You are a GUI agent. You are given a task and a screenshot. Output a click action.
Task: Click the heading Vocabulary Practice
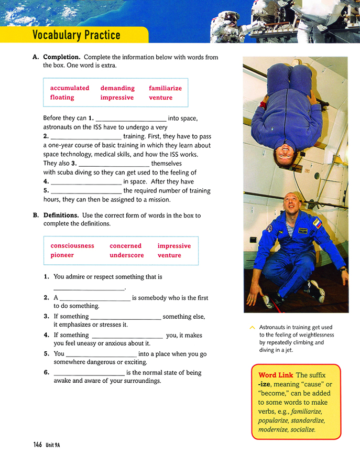76,35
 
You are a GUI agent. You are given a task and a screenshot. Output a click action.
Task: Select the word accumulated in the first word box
70,88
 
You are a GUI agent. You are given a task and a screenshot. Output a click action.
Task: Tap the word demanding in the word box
117,88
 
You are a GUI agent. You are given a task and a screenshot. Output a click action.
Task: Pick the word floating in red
62,98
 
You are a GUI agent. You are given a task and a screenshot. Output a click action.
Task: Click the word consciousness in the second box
72,245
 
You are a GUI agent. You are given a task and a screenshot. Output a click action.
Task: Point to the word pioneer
62,255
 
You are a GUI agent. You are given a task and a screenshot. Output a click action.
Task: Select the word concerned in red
125,245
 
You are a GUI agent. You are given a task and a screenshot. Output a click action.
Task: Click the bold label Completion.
62,57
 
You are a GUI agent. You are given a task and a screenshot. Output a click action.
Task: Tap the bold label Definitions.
61,215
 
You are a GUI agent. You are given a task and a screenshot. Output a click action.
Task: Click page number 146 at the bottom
37,445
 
